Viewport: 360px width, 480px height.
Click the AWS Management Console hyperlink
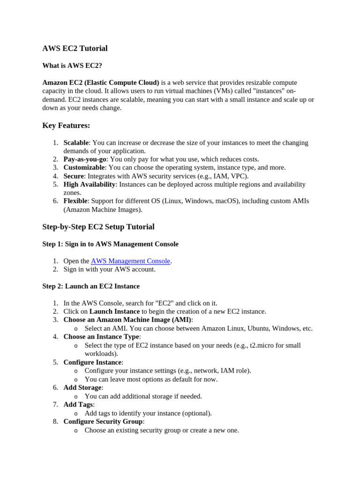point(130,261)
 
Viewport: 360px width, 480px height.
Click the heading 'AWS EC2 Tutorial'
point(75,48)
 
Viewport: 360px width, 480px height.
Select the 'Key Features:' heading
point(66,126)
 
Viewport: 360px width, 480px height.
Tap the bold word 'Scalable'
point(76,142)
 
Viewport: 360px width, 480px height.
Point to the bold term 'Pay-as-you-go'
point(85,159)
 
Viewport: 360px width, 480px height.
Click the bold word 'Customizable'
point(84,168)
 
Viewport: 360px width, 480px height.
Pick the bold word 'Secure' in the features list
point(74,176)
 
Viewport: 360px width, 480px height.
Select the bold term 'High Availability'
point(90,185)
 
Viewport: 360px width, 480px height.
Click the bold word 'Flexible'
point(75,201)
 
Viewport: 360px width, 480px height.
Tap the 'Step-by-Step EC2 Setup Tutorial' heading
point(98,227)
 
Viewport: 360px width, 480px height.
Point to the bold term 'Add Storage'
point(82,388)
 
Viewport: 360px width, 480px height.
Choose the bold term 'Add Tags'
point(78,405)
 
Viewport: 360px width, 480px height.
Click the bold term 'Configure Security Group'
point(103,421)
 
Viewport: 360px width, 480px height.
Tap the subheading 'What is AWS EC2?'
point(72,66)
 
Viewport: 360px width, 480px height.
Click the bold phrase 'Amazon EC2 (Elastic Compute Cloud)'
point(101,82)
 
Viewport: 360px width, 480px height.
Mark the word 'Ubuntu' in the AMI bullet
point(257,329)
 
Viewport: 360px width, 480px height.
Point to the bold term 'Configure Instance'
point(92,362)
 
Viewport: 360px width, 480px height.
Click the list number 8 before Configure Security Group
point(55,421)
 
